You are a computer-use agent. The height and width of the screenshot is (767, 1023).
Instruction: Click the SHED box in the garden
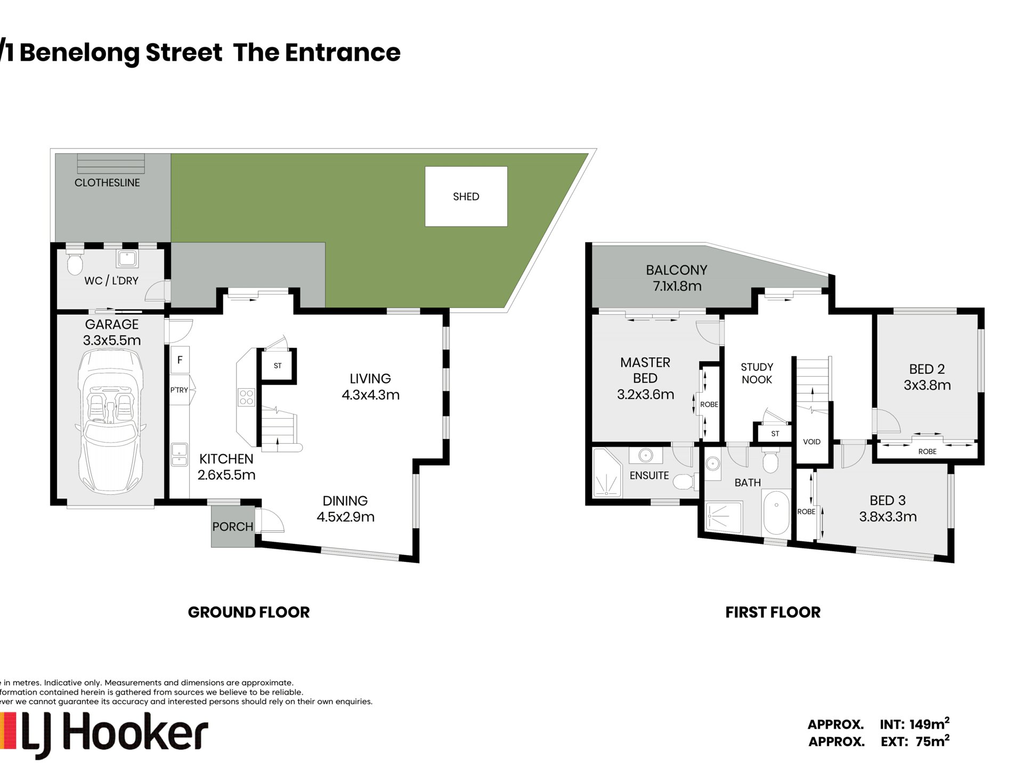[x=466, y=196]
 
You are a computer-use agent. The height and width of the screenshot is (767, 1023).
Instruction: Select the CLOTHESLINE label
[x=107, y=183]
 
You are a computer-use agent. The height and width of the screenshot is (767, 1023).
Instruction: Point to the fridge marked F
[x=180, y=360]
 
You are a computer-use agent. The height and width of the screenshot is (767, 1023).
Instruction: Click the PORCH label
[x=232, y=527]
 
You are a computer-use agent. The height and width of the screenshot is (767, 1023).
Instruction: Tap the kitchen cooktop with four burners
[x=246, y=397]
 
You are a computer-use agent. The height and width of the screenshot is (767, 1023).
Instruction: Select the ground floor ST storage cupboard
[x=277, y=366]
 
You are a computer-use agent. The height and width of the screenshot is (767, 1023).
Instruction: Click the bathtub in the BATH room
[x=776, y=514]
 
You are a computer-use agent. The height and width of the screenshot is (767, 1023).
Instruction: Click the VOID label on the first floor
[x=811, y=442]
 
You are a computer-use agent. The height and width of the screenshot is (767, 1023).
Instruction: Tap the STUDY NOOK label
[x=757, y=373]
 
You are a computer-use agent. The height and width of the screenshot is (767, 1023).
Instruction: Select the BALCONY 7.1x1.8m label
[x=677, y=278]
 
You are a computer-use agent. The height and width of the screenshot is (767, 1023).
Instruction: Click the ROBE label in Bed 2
[x=927, y=452]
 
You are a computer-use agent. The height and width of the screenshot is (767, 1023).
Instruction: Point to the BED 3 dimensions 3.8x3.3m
[x=888, y=517]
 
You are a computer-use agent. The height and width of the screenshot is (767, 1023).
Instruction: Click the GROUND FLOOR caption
[x=249, y=613]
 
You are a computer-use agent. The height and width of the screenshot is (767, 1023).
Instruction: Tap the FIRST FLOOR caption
[x=773, y=613]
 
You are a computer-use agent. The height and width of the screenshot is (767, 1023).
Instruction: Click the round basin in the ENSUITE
[x=646, y=455]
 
